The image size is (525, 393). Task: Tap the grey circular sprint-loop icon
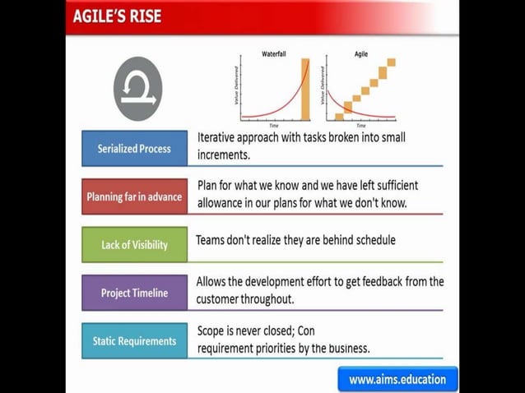click(x=137, y=89)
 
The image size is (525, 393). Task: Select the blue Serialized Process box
click(x=134, y=149)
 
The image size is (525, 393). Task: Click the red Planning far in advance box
click(x=134, y=197)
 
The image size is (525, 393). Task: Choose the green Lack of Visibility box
click(x=134, y=244)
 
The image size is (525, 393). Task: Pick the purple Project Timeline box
click(x=134, y=293)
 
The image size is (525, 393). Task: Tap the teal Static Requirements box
click(x=134, y=340)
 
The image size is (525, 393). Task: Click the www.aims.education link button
click(x=397, y=379)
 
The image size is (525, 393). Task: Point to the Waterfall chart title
click(x=274, y=53)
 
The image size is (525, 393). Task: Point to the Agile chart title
click(x=360, y=53)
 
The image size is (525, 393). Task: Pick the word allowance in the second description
click(x=225, y=202)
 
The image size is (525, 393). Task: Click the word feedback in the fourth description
click(x=369, y=281)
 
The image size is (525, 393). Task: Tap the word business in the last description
click(x=346, y=348)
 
